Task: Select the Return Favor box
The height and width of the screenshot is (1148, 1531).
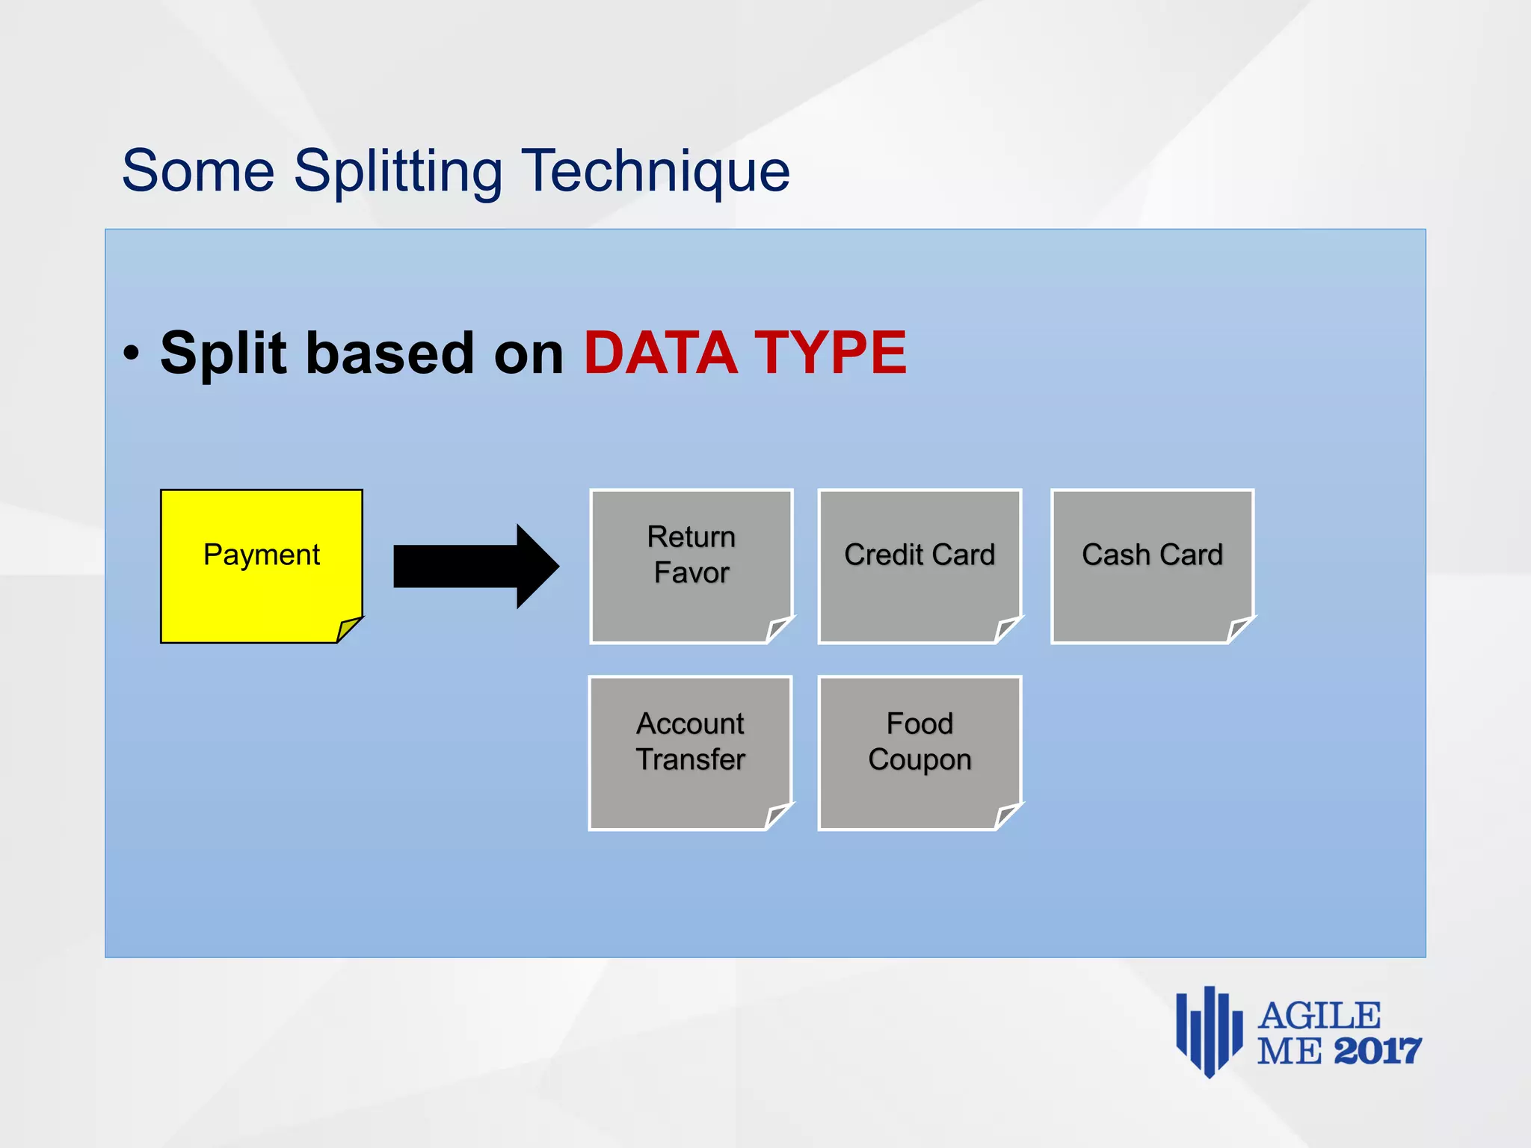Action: point(691,566)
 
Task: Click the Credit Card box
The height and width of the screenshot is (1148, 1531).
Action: point(919,566)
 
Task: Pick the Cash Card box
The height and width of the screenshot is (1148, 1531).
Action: point(1152,566)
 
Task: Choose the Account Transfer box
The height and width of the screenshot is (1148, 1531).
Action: point(690,753)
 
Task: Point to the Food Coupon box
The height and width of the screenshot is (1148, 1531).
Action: point(919,753)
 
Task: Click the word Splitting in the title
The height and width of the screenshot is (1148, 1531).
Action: point(398,172)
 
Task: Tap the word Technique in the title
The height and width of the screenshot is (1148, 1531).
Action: point(655,172)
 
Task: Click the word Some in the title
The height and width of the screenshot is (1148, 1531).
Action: point(198,172)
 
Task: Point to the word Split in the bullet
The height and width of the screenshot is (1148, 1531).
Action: point(224,353)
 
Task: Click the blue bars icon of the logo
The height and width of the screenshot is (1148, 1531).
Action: point(1209,1031)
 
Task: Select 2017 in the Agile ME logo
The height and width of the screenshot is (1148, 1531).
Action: point(1377,1052)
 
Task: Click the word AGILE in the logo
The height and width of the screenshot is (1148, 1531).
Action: point(1319,1016)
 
